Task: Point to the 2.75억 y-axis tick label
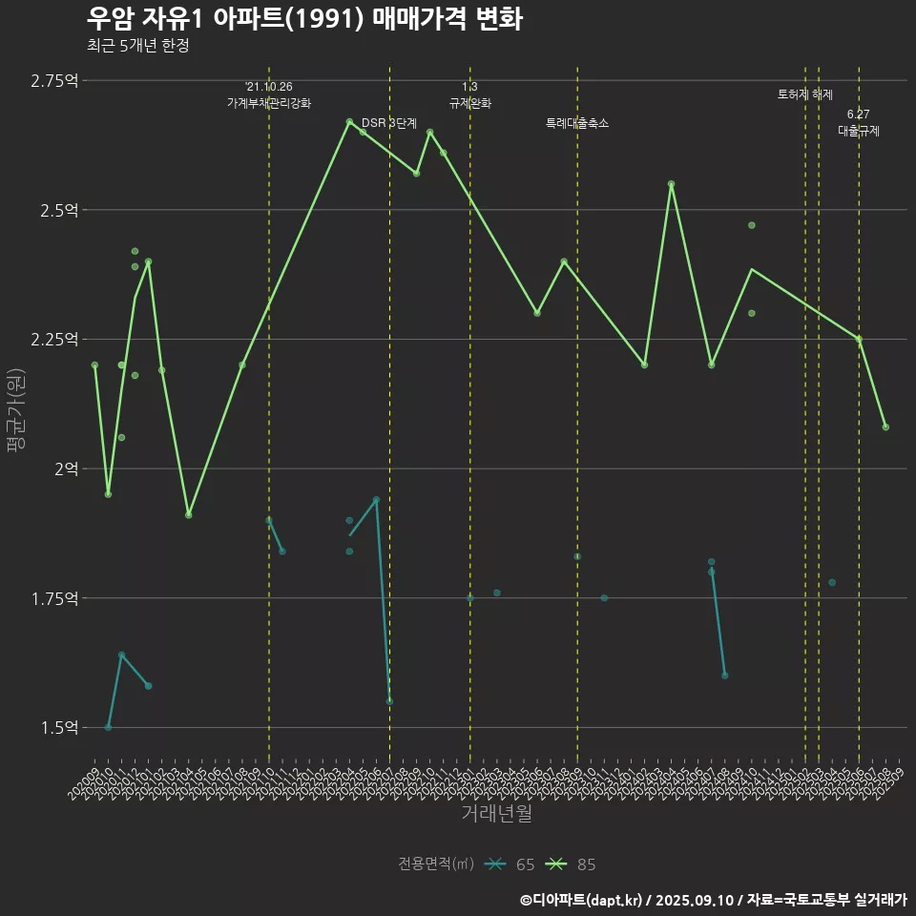(x=55, y=80)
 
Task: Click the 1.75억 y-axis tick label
(x=55, y=598)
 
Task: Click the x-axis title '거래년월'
(x=496, y=813)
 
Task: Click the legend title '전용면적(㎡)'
(x=436, y=864)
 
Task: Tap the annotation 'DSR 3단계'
(x=389, y=123)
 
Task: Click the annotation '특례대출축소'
(x=577, y=123)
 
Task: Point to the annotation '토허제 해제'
(x=805, y=94)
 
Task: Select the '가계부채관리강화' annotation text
(x=269, y=102)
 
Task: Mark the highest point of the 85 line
(x=349, y=122)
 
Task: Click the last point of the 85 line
(x=885, y=427)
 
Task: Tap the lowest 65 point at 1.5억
(x=108, y=727)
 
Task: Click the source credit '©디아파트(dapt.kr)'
(x=582, y=900)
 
